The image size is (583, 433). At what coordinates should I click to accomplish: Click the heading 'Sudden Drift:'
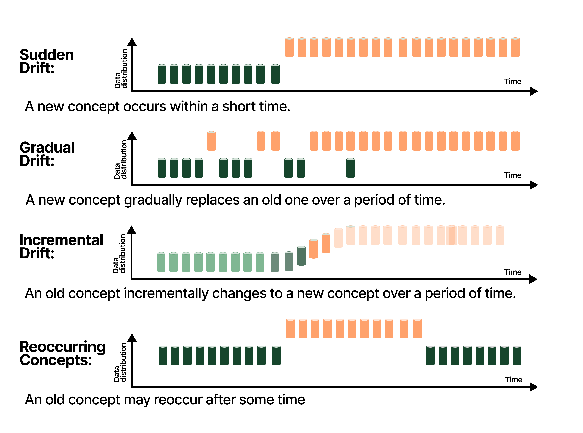(47, 61)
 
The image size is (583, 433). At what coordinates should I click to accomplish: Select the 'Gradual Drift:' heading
(47, 154)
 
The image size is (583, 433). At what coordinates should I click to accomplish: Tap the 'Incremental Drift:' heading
(61, 247)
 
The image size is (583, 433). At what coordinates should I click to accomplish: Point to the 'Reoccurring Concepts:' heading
(62, 353)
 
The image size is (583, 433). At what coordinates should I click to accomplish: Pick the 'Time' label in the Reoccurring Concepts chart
(513, 380)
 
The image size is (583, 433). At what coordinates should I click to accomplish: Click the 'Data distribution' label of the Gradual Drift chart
(121, 159)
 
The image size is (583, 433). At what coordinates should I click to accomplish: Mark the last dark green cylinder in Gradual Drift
(350, 168)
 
